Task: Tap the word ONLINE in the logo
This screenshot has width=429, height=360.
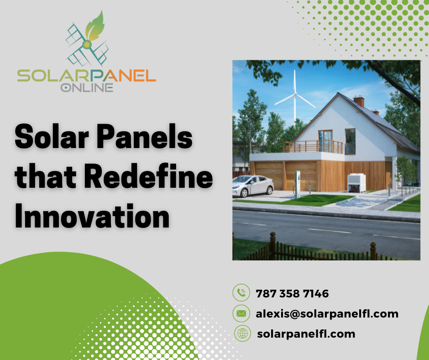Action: click(x=87, y=88)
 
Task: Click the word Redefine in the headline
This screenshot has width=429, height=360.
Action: click(x=149, y=176)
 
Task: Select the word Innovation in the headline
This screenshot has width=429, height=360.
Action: click(x=92, y=216)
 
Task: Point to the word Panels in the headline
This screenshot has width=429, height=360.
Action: click(x=145, y=136)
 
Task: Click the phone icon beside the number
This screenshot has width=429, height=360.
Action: click(x=241, y=292)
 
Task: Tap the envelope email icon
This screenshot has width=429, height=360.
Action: click(x=241, y=313)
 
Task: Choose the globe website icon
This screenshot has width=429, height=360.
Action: click(x=242, y=333)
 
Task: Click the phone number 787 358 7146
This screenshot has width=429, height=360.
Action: click(x=292, y=293)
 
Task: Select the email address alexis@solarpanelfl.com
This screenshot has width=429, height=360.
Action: click(x=327, y=314)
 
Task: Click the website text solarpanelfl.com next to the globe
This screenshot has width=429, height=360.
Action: click(x=306, y=334)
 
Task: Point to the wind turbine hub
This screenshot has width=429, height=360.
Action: click(x=295, y=95)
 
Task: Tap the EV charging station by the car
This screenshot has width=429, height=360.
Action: click(x=298, y=184)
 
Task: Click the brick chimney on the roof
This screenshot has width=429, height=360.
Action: click(x=359, y=101)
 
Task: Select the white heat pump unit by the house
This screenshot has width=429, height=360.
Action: click(x=356, y=183)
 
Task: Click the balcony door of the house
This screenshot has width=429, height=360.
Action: click(x=325, y=141)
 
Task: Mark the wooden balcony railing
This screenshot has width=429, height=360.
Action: click(x=313, y=147)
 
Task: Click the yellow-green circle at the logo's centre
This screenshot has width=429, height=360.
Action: click(x=87, y=44)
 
